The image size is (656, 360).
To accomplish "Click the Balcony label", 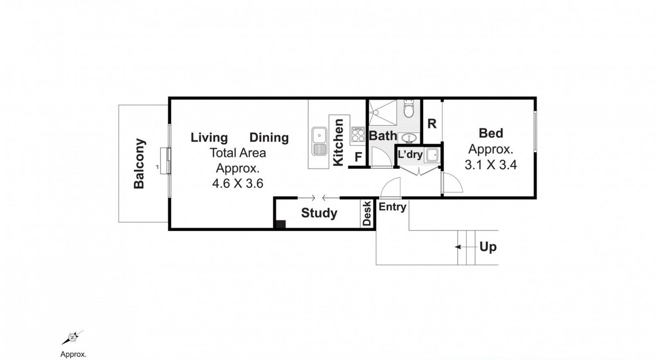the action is click(x=139, y=164).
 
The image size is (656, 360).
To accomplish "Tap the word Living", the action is click(x=209, y=138).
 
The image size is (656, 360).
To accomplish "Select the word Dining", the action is click(x=269, y=138).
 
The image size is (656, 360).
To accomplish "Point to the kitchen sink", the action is click(x=319, y=141).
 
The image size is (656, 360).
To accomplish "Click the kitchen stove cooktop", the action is click(x=358, y=134).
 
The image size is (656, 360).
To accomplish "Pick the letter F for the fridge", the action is click(x=358, y=157).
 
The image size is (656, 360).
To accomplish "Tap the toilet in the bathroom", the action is click(x=409, y=109).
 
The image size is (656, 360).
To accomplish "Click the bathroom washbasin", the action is click(x=409, y=138).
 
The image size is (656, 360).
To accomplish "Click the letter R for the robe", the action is click(x=432, y=124).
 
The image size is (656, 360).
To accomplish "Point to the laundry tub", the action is click(x=432, y=155).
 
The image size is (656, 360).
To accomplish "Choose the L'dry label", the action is click(x=410, y=155).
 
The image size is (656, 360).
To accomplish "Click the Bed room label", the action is click(x=491, y=133).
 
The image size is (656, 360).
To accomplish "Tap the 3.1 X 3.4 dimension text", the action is click(x=491, y=165).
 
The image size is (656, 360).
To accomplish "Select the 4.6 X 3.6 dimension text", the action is click(x=237, y=184).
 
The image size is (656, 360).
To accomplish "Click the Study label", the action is click(x=319, y=213).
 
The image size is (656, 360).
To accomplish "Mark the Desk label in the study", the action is click(x=367, y=213).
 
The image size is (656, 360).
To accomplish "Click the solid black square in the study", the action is click(x=281, y=224).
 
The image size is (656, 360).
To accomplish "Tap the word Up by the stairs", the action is click(x=488, y=247).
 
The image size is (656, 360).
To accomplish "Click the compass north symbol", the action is click(x=72, y=337).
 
